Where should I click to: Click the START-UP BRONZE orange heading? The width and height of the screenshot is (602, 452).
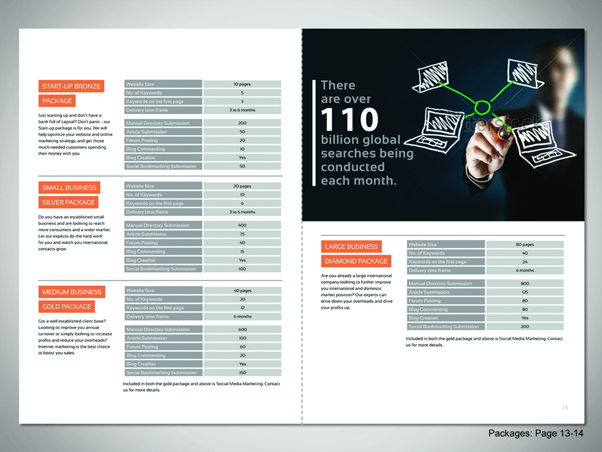(71, 86)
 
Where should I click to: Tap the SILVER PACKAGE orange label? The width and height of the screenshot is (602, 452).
(68, 202)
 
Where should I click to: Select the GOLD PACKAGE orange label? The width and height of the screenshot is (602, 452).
(67, 306)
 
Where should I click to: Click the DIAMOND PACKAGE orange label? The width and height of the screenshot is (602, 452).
(356, 261)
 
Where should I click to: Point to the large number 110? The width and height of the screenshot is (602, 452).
(350, 120)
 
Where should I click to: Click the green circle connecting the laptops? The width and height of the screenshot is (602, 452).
(482, 107)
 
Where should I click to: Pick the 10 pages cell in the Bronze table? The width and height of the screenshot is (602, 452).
(242, 84)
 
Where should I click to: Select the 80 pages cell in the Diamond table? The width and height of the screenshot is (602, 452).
(525, 245)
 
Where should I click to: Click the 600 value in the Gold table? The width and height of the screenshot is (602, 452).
(242, 329)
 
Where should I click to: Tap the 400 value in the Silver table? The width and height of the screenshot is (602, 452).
(242, 225)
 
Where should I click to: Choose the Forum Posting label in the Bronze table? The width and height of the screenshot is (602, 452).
(142, 141)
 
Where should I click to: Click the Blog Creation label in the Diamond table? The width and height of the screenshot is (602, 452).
(423, 318)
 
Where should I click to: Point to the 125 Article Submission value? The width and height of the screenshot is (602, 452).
(525, 292)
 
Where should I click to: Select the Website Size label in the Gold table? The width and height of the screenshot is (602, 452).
(140, 291)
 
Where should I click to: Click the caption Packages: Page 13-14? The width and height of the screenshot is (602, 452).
(536, 433)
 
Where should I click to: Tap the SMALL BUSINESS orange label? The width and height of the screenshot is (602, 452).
(69, 188)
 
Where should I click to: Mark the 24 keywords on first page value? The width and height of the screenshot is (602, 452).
(525, 262)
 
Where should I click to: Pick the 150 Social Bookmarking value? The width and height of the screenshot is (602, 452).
(242, 373)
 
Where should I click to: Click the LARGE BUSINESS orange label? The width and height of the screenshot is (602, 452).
(351, 247)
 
